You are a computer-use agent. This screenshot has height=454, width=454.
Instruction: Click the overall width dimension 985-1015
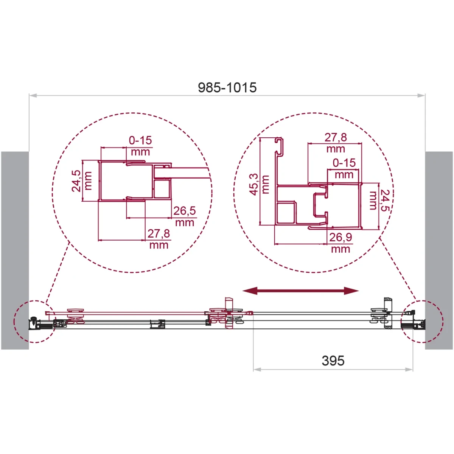[x=227, y=88]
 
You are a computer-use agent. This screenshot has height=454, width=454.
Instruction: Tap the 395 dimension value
[x=333, y=361]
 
